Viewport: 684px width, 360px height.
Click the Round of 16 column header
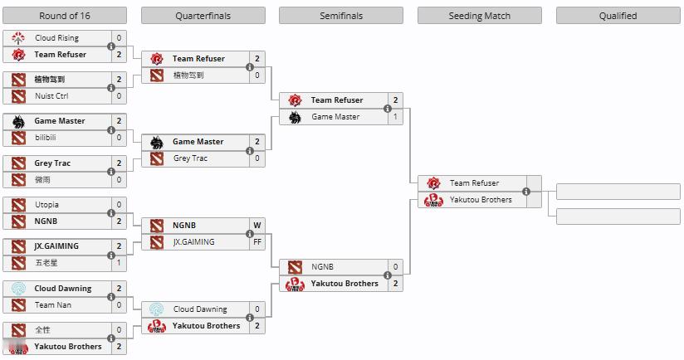[x=65, y=16]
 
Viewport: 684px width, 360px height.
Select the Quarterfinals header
[x=203, y=16]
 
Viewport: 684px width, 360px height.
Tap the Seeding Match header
[x=480, y=16]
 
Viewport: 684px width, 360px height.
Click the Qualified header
[x=618, y=16]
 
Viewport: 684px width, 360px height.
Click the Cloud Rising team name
[x=56, y=38]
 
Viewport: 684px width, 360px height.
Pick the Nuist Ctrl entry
[x=51, y=96]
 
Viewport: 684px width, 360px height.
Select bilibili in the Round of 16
[x=46, y=138]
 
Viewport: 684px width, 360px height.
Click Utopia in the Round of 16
[x=46, y=204]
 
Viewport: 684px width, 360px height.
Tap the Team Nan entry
[x=53, y=304]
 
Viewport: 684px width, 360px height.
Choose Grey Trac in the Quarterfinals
[x=190, y=158]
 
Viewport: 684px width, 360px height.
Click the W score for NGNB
[x=257, y=226]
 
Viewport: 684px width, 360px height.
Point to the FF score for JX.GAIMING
[x=257, y=242]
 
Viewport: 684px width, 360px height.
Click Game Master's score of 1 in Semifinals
[x=395, y=117]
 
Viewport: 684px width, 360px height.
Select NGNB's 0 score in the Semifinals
[x=395, y=267]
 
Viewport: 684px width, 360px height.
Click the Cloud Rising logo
[x=18, y=38]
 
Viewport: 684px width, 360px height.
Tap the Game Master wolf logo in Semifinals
[x=295, y=117]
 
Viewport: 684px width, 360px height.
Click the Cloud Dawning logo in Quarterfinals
[x=157, y=309]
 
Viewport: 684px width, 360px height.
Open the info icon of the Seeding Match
[x=526, y=192]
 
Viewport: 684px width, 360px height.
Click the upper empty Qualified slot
[x=618, y=192]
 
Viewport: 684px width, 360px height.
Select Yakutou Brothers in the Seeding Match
[x=481, y=200]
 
